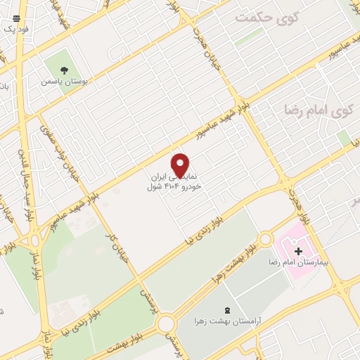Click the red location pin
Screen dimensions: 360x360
tap(181, 165)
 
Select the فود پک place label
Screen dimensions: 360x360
tap(15, 30)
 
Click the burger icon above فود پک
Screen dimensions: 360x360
tap(16, 18)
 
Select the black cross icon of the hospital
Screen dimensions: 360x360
tap(299, 251)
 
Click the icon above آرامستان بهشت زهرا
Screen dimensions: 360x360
tap(226, 310)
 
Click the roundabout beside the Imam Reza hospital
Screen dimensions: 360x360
tap(265, 240)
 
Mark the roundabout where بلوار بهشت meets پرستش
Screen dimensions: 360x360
tap(167, 324)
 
